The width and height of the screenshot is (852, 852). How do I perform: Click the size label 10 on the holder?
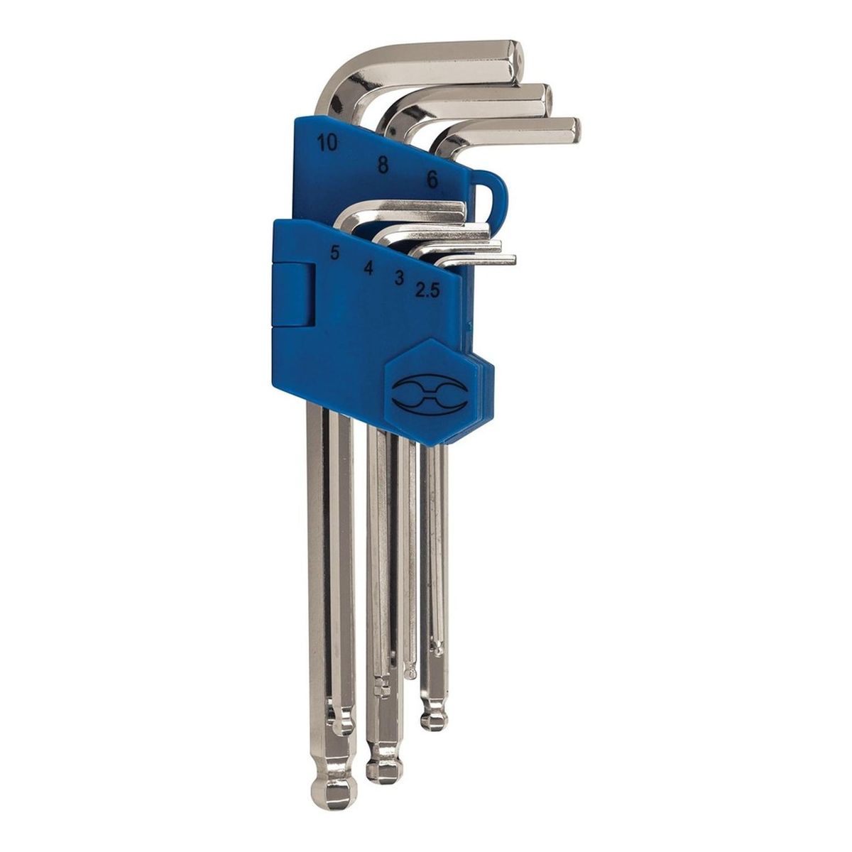point(327,143)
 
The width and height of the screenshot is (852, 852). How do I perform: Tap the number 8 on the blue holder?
point(383,165)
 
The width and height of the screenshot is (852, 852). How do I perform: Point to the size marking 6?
point(432,180)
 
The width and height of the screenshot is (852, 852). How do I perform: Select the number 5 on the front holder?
point(334,253)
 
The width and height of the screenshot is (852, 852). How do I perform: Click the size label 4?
point(368,268)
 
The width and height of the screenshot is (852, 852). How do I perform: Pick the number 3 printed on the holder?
point(399,278)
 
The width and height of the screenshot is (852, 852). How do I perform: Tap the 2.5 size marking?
point(427,290)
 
